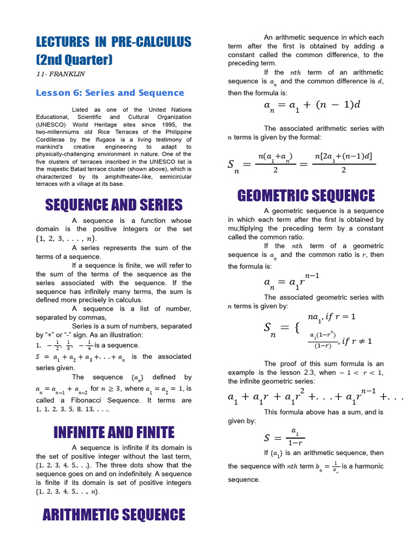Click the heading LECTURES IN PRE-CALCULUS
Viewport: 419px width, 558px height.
click(113, 42)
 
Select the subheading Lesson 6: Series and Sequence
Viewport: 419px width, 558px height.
click(110, 93)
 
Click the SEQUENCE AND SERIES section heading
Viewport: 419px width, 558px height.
click(113, 205)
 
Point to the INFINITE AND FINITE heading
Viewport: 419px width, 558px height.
click(113, 433)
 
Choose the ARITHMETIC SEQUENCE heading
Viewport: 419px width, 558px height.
click(113, 514)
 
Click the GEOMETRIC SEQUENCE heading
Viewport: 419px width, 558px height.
click(306, 196)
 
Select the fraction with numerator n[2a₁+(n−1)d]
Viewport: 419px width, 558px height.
click(344, 163)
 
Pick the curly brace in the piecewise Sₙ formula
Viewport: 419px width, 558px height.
click(297, 328)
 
